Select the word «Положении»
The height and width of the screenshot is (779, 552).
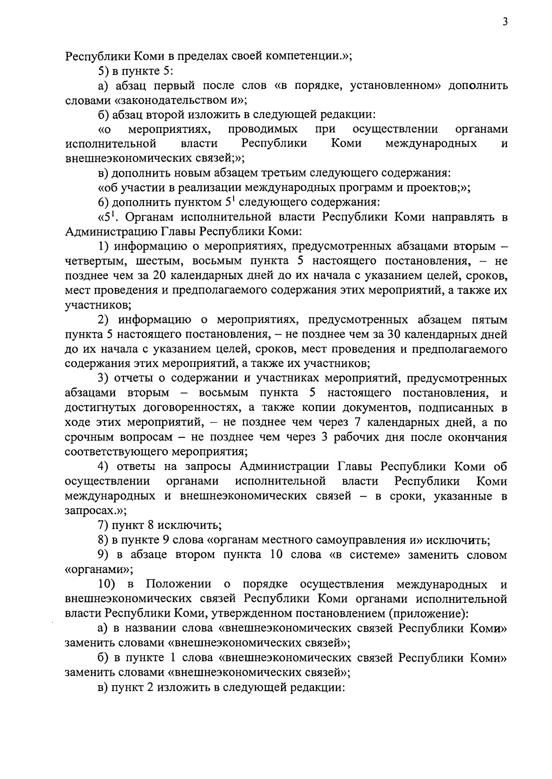point(178,584)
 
